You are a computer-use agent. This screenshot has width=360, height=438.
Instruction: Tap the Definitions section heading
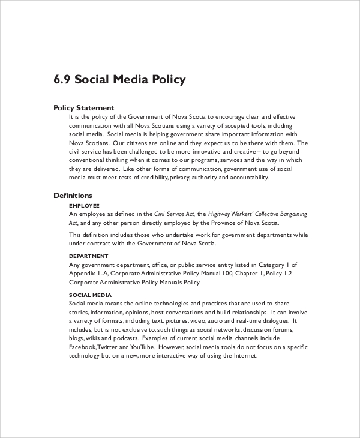click(x=73, y=195)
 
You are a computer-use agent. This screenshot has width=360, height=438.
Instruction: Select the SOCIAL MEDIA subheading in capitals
click(x=90, y=295)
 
